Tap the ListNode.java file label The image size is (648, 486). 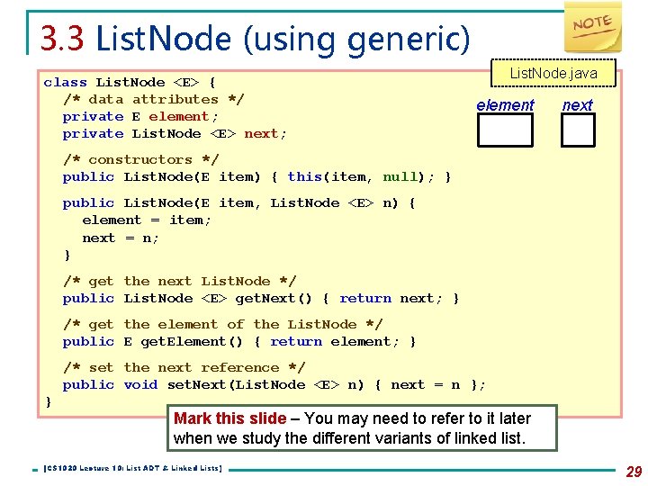coord(553,73)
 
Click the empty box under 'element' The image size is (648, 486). coord(505,130)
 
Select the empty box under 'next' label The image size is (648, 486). coord(578,130)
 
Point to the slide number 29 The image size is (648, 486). coord(633,472)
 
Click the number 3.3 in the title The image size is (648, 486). coord(62,38)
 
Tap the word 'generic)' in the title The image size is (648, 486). coord(423,39)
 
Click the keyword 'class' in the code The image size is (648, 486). coord(66,82)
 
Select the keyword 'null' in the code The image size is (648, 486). coord(400,176)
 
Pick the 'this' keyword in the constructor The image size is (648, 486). coord(304,176)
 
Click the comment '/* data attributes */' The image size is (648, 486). coord(153,99)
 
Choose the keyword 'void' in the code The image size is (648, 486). coord(140,384)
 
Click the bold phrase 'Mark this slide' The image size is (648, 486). coord(229,418)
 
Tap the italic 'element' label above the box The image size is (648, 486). coord(505,105)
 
